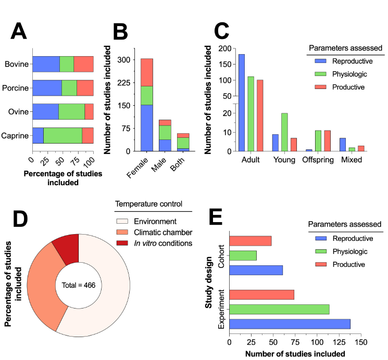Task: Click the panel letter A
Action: [19, 32]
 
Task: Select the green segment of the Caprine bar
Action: [62, 135]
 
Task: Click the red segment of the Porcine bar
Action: [85, 88]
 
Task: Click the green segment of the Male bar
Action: [165, 133]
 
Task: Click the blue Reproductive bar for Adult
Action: [242, 102]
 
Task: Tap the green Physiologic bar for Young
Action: [284, 132]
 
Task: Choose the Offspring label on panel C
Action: [317, 160]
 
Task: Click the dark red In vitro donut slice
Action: [65, 249]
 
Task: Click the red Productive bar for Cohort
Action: [250, 241]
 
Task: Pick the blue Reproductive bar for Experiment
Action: [290, 324]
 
